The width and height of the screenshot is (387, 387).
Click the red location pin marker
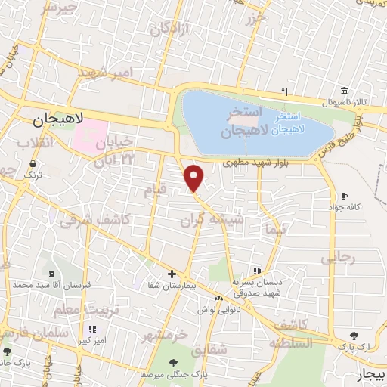(194, 178)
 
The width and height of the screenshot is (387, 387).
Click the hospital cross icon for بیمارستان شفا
(172, 274)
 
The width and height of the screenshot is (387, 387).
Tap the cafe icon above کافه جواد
(345, 196)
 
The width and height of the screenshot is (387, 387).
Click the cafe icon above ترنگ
(32, 163)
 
